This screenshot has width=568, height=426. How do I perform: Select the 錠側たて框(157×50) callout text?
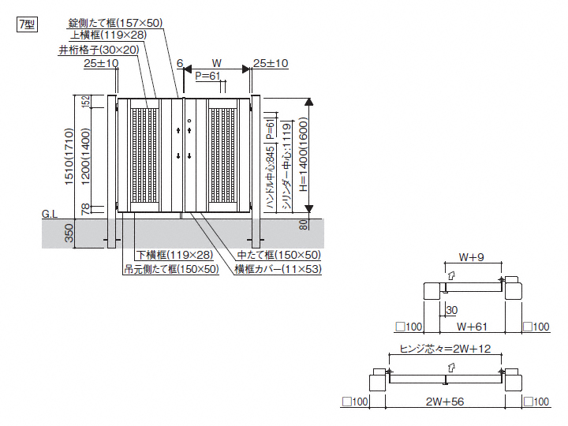tap(116, 23)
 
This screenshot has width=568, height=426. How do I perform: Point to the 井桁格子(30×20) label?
tap(99, 50)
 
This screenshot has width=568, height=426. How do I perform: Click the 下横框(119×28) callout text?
tap(174, 255)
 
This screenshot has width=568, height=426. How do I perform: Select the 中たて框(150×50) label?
tap(278, 255)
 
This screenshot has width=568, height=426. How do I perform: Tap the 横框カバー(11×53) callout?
tap(282, 269)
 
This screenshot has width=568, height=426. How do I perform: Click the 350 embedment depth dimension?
tap(69, 233)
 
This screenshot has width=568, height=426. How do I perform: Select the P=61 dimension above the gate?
tap(207, 76)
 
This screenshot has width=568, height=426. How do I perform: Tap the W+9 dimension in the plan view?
tap(471, 256)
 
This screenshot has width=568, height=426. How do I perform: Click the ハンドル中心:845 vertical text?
tap(271, 178)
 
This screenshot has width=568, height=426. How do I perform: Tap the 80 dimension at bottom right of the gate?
tap(304, 224)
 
